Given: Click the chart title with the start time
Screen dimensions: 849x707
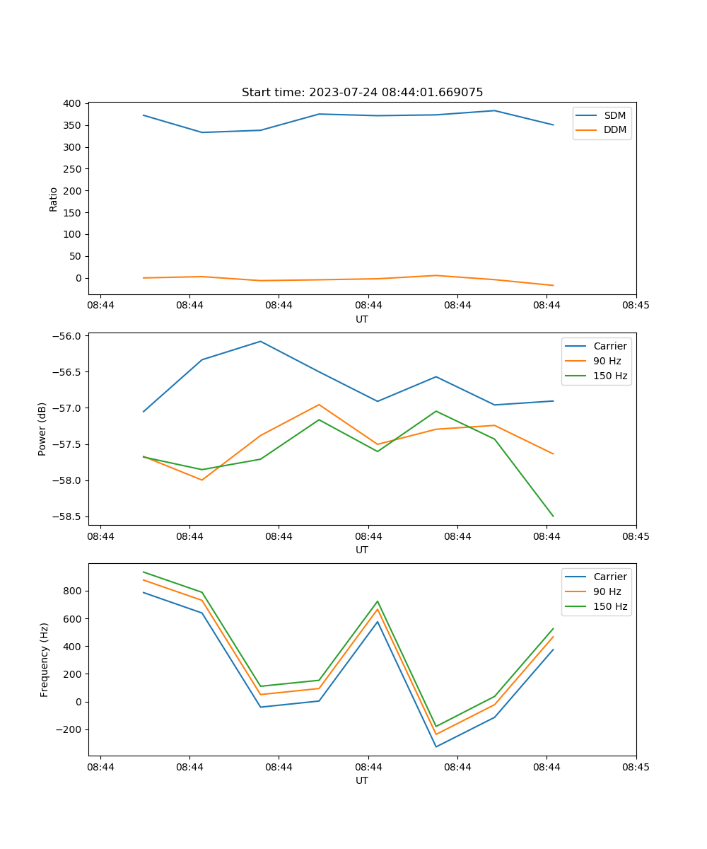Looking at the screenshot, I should pos(362,93).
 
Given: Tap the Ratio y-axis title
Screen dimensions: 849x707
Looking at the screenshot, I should pos(54,199).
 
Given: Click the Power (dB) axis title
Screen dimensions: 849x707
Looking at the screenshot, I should pos(42,429).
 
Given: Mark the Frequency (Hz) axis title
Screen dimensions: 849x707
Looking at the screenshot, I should pos(45,659).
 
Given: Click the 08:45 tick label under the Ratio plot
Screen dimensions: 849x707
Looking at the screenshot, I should pos(636,306).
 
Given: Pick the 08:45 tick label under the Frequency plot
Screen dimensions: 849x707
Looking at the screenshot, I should pos(636,767).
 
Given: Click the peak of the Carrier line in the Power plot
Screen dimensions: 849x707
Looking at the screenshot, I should pos(260,341).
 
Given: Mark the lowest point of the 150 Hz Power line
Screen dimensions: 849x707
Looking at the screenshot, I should pos(553,516).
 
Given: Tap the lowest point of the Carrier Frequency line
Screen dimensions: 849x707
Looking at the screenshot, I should pos(436,746).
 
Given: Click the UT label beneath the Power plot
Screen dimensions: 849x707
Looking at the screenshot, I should pos(362,550).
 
